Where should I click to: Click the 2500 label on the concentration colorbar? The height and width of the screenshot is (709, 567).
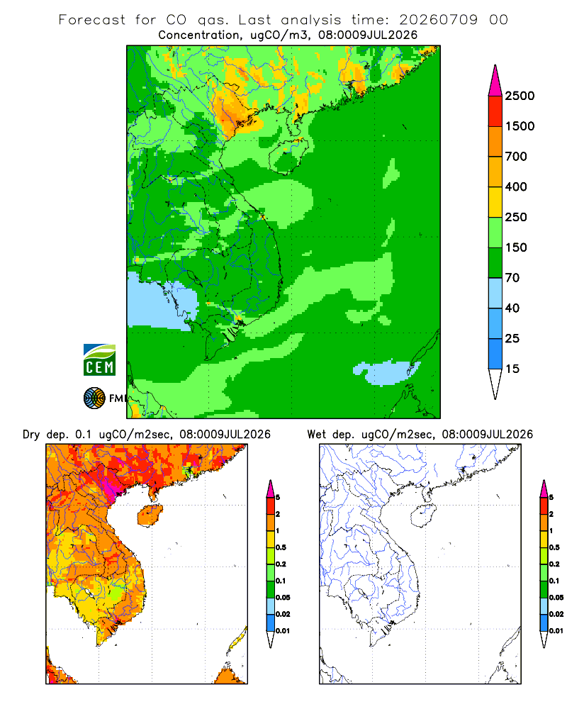point(520,96)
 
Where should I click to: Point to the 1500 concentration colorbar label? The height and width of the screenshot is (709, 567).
point(520,126)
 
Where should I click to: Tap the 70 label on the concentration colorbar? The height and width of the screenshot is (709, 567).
point(512,278)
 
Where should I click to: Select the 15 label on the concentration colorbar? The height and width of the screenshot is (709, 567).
point(512,369)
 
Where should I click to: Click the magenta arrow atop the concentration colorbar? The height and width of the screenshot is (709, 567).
point(495,81)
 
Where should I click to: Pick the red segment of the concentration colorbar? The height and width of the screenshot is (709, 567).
point(495,111)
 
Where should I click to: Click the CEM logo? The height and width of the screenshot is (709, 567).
point(99,359)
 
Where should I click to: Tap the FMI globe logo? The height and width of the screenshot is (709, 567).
point(94,398)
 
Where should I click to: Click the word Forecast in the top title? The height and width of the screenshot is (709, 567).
point(92,20)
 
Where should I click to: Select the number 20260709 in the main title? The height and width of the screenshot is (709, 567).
point(438,20)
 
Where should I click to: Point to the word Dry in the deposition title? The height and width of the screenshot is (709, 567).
point(31,435)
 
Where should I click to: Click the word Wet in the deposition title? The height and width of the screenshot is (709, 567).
point(316,435)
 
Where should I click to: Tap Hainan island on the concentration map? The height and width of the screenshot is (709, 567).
point(288,156)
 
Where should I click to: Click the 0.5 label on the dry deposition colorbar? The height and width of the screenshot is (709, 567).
point(281,547)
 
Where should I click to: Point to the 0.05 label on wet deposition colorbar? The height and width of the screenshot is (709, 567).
point(556,598)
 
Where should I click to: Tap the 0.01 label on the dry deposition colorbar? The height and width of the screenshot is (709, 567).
point(283,631)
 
